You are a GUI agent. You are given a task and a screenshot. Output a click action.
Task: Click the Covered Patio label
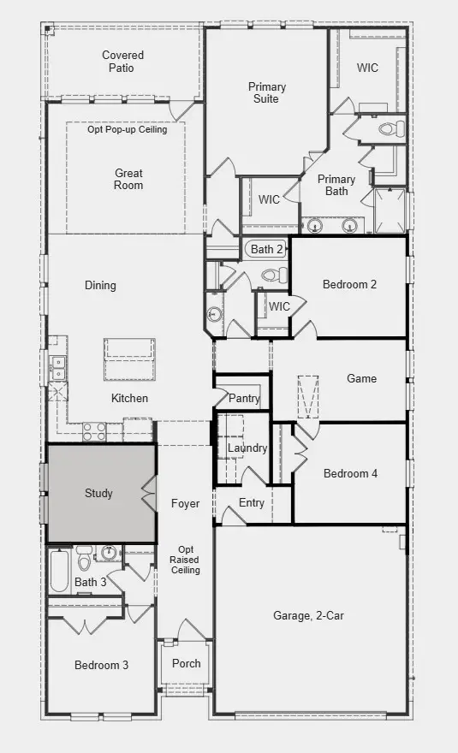(x=122, y=62)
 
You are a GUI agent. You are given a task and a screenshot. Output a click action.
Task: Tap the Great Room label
(x=128, y=179)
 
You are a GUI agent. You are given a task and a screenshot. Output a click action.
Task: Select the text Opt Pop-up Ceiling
(x=127, y=129)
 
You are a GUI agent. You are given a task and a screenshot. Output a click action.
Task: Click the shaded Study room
(x=100, y=493)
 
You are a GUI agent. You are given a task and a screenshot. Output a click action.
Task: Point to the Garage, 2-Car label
(x=308, y=615)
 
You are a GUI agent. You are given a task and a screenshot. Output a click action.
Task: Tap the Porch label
(x=186, y=663)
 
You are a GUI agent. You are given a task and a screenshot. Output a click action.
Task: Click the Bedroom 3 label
(x=101, y=665)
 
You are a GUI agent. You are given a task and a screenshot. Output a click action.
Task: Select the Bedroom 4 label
(x=350, y=473)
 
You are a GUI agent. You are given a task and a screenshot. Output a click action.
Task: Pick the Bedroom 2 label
(x=349, y=285)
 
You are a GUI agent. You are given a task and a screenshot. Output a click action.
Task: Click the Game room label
(x=361, y=378)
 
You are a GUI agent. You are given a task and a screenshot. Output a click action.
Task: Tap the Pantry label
(x=244, y=399)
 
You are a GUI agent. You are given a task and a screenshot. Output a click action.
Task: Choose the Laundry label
(x=247, y=448)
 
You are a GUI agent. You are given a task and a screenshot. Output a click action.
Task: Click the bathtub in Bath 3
(x=59, y=571)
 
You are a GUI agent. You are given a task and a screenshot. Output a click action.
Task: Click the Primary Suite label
(x=267, y=92)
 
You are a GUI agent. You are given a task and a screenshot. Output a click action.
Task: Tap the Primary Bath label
(x=336, y=185)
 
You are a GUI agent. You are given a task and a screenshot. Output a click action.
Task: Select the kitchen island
(x=129, y=359)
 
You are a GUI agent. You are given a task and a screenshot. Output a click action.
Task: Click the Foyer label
(x=185, y=503)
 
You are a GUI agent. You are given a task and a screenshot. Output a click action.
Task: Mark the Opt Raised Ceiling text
(x=186, y=560)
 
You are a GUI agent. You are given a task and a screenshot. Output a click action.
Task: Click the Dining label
(x=100, y=285)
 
